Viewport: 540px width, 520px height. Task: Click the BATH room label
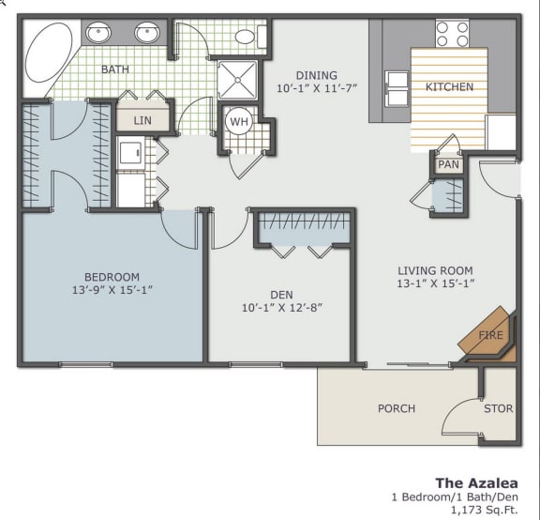pyautogui.click(x=115, y=69)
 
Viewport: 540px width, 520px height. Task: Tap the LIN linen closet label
pyautogui.click(x=142, y=120)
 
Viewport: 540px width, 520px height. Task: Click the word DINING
pyautogui.click(x=316, y=75)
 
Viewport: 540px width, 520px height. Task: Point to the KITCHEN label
pyautogui.click(x=449, y=87)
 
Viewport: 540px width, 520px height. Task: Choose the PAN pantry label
pyautogui.click(x=449, y=165)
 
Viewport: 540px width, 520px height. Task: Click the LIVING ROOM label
pyautogui.click(x=435, y=270)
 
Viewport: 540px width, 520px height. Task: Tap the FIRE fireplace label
pyautogui.click(x=489, y=334)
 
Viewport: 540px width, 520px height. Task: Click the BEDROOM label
pyautogui.click(x=112, y=277)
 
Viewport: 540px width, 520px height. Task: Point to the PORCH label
pyautogui.click(x=396, y=408)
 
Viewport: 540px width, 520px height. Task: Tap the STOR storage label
pyautogui.click(x=498, y=408)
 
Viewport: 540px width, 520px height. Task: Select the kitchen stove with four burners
pyautogui.click(x=452, y=35)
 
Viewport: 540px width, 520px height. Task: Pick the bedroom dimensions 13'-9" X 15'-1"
pyautogui.click(x=112, y=290)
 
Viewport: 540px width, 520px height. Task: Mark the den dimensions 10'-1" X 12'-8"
pyautogui.click(x=282, y=306)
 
